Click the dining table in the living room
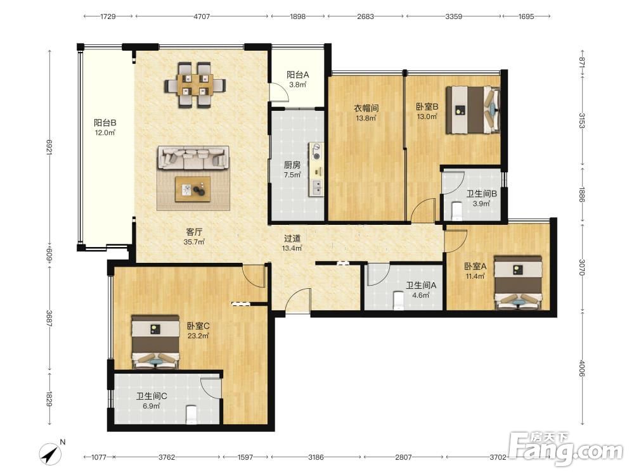195,85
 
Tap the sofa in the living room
193,158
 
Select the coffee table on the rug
193,189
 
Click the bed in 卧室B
473,110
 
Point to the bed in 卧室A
518,282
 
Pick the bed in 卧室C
156,342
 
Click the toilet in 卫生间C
191,415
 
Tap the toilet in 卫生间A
399,301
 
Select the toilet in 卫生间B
457,212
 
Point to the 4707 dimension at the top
202,16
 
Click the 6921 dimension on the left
49,148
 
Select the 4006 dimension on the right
581,369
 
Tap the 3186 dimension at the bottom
316,457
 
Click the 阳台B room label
105,122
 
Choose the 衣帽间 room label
366,108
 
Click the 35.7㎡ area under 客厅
194,242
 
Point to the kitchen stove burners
316,151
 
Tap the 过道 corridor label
292,238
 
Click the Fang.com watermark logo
566,448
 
